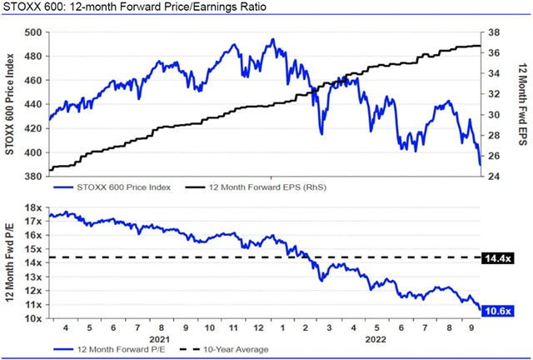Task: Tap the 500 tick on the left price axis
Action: tap(34, 32)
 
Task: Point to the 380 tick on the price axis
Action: tap(34, 177)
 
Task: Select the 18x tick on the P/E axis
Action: tap(34, 208)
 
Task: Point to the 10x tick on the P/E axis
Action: tap(34, 319)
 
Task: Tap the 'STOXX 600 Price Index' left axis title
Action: tap(10, 104)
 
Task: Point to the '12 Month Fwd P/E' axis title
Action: tap(10, 263)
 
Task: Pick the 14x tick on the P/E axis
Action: tap(34, 263)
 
